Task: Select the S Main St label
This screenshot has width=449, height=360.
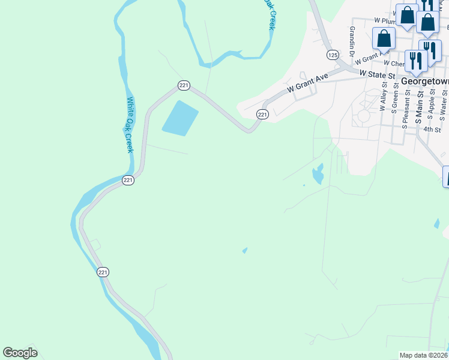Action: coord(421,100)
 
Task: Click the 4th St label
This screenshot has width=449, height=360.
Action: coord(432,129)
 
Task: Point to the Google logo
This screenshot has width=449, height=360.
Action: coord(20,353)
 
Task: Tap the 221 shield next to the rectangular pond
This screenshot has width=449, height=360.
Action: coord(184,86)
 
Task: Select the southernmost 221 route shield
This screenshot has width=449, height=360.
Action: coord(103,272)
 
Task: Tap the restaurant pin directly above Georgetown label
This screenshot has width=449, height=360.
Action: coord(415,59)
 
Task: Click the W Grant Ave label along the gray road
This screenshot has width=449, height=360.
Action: coord(308,82)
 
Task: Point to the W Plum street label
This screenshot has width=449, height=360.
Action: coord(385,20)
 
